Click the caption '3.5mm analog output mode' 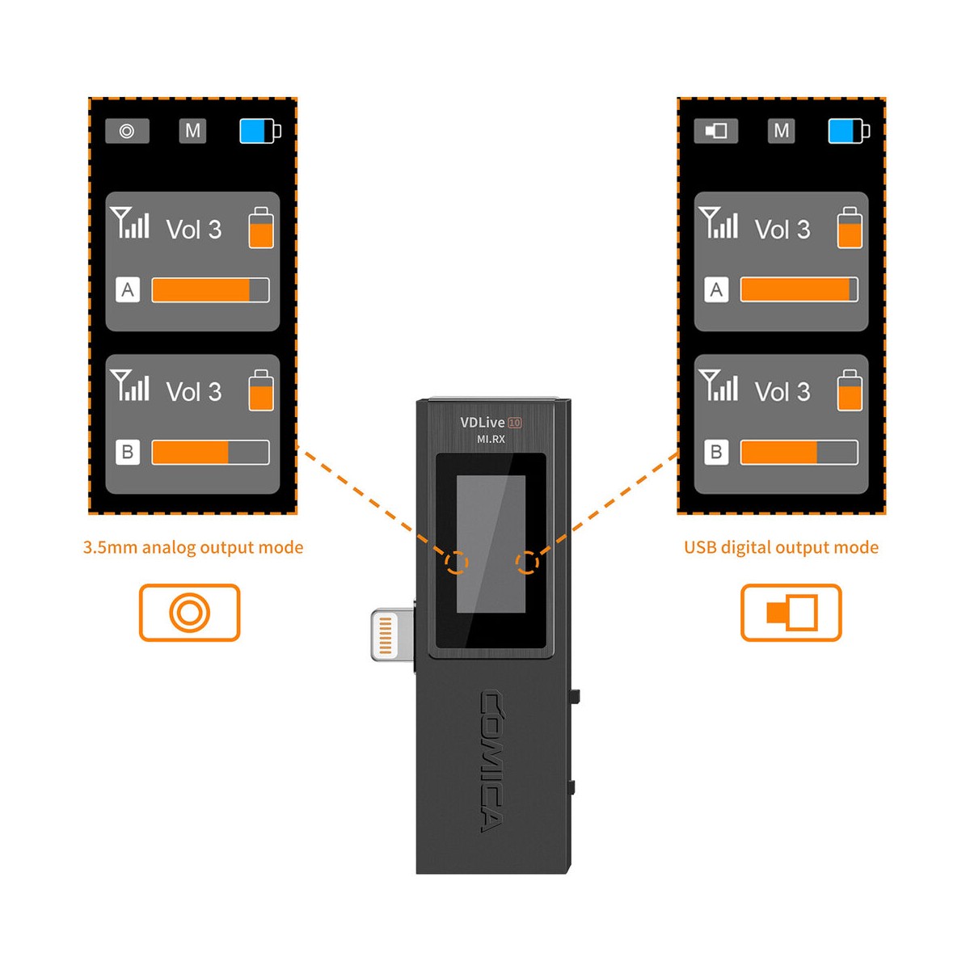[x=193, y=548]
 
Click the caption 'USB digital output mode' [x=781, y=548]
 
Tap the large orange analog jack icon [x=189, y=612]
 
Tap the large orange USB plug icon [x=791, y=612]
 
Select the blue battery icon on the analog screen [x=260, y=131]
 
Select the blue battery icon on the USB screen [x=849, y=131]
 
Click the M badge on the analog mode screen [x=193, y=131]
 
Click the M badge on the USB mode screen [x=781, y=131]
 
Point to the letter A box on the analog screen [x=128, y=289]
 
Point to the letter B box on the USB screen [x=716, y=452]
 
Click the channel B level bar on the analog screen [x=210, y=452]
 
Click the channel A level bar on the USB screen [x=799, y=289]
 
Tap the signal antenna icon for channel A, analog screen [x=130, y=222]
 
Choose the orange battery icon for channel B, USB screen [x=850, y=390]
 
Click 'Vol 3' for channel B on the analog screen [x=194, y=391]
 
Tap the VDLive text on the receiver [x=483, y=422]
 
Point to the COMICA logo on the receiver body [x=491, y=762]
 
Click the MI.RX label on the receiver [x=491, y=439]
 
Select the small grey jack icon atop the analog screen [x=127, y=131]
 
